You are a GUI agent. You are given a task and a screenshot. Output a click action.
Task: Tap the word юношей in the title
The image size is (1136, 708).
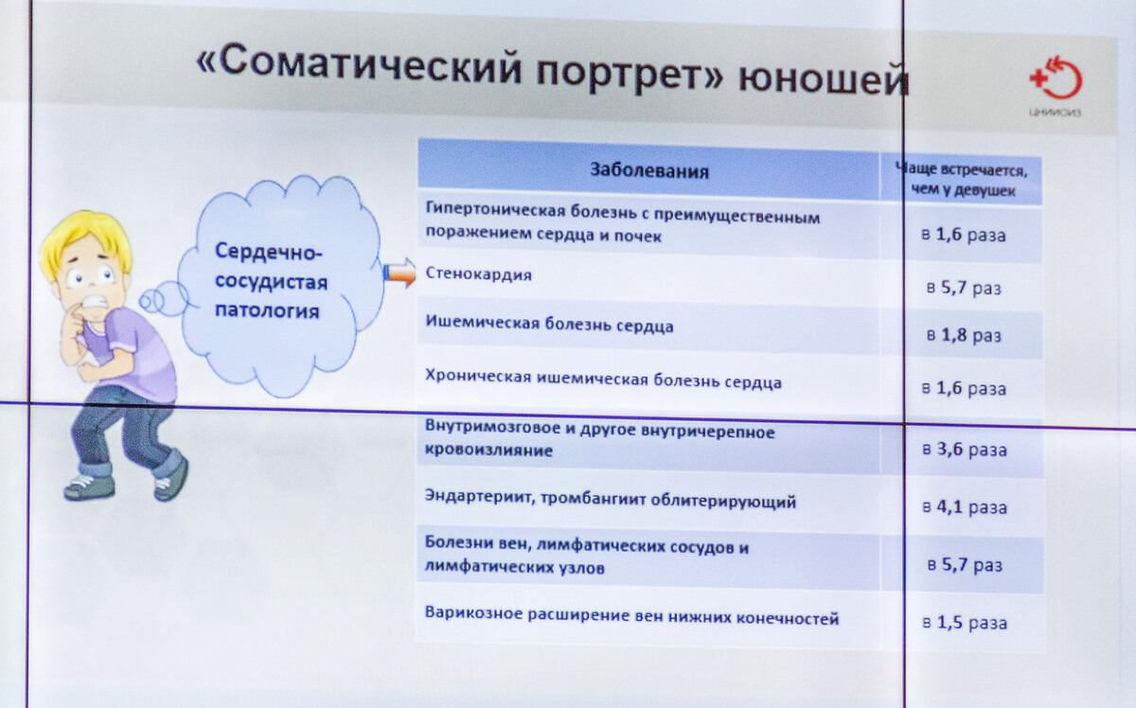[x=823, y=80]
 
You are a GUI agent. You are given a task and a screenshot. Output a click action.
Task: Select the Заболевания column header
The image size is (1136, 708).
[x=649, y=170]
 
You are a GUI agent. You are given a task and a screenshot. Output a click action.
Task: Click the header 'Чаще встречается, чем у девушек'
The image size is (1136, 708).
[x=962, y=180]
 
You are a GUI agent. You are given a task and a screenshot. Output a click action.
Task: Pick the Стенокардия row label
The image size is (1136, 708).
[x=478, y=274]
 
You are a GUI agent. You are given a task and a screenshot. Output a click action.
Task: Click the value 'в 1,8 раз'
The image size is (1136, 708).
[x=964, y=335]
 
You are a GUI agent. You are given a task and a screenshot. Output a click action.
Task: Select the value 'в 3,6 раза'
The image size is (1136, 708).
[x=964, y=450]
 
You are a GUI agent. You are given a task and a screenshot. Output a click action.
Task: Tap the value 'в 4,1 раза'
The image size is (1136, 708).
[x=964, y=506]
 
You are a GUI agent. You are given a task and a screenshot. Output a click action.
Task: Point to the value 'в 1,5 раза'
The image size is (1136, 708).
[x=964, y=622]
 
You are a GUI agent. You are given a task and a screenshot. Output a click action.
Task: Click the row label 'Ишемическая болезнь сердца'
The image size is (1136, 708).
[x=549, y=324]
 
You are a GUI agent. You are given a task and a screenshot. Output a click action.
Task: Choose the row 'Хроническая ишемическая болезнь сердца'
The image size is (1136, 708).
[x=603, y=380]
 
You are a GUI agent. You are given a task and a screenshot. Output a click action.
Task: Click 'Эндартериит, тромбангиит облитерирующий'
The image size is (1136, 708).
[x=610, y=499]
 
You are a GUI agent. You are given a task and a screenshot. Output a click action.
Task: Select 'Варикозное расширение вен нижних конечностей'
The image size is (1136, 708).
[x=632, y=615]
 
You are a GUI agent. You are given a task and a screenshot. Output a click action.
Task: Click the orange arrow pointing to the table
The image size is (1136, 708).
[x=399, y=273]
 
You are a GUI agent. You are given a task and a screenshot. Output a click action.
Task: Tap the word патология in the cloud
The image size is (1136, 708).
[x=267, y=310]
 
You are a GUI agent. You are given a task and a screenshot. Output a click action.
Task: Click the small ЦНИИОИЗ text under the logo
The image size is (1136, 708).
[x=1055, y=112]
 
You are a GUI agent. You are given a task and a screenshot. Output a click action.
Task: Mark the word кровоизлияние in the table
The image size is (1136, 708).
[x=488, y=451]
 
